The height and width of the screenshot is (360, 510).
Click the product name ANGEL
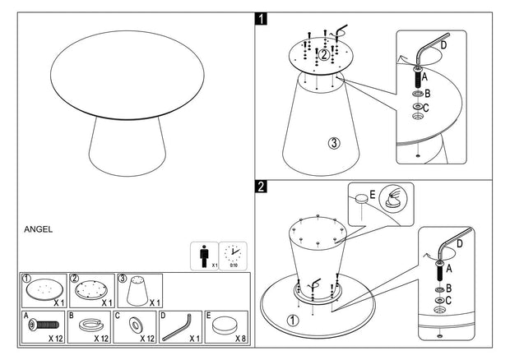tap(39, 229)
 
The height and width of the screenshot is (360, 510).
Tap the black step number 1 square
tap(261, 17)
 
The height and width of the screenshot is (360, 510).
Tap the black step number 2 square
tap(261, 187)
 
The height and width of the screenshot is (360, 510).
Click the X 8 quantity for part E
tap(239, 338)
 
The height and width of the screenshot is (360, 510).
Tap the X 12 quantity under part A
tap(56, 338)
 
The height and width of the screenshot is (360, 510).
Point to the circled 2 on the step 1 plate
tap(324, 55)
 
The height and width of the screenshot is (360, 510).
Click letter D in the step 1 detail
tap(444, 45)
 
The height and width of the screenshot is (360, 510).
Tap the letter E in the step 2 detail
tap(373, 194)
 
